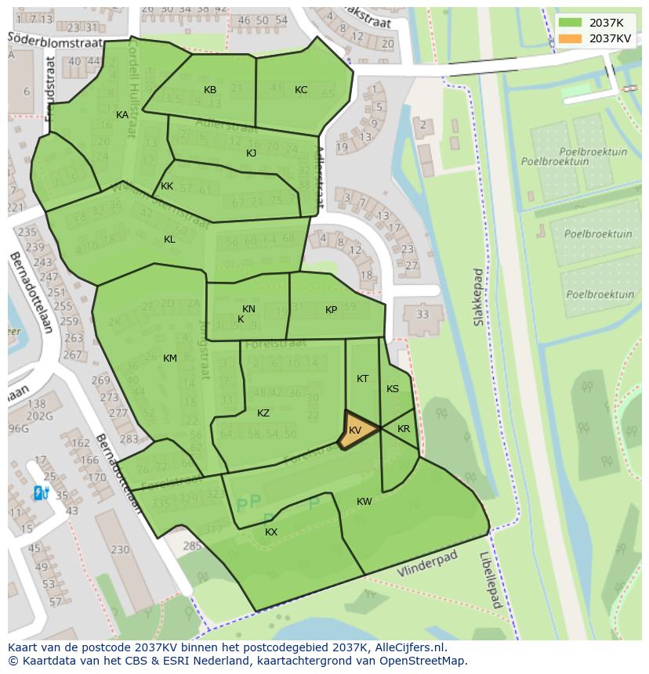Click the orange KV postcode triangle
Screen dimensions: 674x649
pos(355,431)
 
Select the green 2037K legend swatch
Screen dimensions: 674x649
pos(571,22)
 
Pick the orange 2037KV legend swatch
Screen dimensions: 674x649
pos(571,38)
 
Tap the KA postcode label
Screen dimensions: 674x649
pos(122,115)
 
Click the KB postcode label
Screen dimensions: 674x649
pos(210,90)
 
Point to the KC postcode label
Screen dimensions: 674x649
pos(301,90)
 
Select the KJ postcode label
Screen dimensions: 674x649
pos(251,153)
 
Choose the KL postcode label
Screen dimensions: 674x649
pos(169,240)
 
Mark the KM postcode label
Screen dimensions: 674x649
pos(170,359)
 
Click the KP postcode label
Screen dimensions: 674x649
pos(331,310)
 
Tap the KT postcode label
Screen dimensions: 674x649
pos(362,379)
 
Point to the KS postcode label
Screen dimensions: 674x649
pos(393,389)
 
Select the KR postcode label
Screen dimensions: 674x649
pos(404,429)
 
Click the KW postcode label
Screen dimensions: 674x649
pos(364,502)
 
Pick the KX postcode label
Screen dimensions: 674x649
pos(271,532)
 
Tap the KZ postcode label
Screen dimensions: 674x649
pos(263,413)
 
